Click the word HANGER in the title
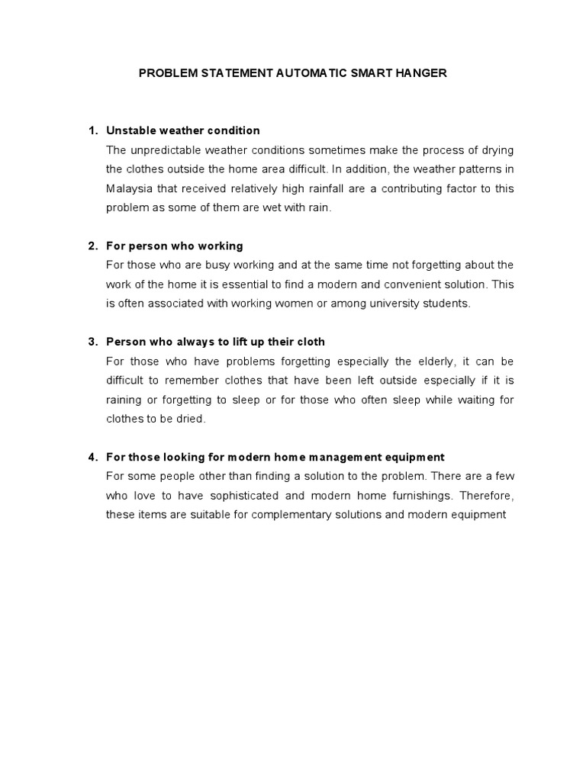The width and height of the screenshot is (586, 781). [x=420, y=74]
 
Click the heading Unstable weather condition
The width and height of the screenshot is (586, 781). [x=183, y=130]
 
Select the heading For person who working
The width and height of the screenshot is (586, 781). [x=175, y=246]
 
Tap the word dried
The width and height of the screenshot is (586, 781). [x=191, y=419]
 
